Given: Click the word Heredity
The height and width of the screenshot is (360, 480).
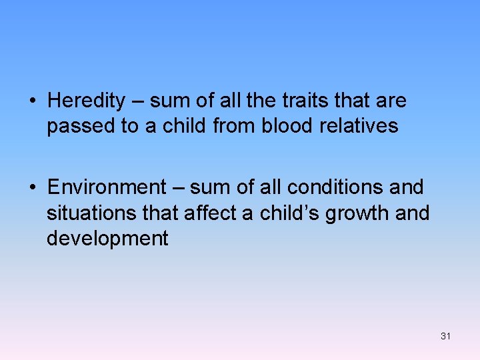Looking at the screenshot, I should [86, 101].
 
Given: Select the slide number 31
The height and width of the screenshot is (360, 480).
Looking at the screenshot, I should [445, 336].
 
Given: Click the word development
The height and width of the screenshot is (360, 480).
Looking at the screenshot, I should [107, 238].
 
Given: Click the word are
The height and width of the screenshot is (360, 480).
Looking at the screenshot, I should [391, 101].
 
